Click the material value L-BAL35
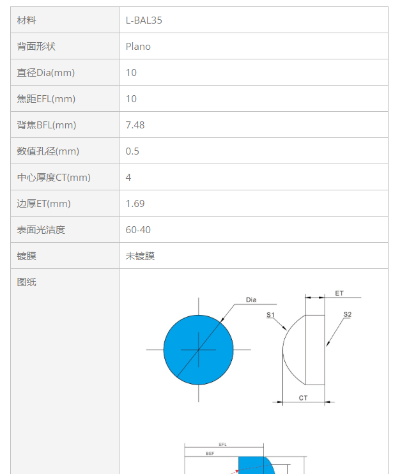click(144, 20)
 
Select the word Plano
click(138, 47)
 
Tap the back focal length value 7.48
click(135, 125)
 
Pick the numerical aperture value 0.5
click(132, 151)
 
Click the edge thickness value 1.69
click(135, 204)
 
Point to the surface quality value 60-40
click(138, 230)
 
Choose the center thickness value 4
click(128, 178)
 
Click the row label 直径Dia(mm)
click(45, 73)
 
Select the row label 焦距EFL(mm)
click(46, 99)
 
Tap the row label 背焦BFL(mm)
click(46, 125)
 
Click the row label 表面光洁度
click(41, 230)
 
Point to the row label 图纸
click(27, 282)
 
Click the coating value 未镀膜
click(140, 256)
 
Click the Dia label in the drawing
click(251, 300)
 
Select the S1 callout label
click(270, 315)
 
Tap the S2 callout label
click(347, 314)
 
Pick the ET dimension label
click(339, 293)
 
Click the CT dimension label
click(303, 398)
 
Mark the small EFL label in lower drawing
click(222, 445)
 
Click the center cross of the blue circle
click(199, 350)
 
